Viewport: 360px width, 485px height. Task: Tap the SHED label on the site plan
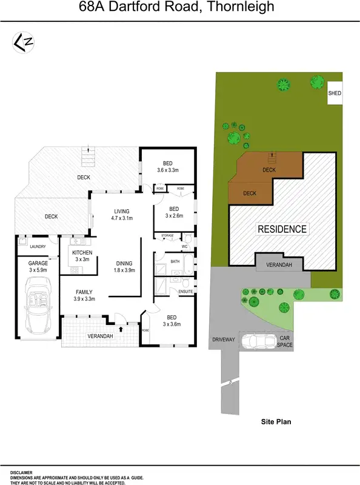[335, 94]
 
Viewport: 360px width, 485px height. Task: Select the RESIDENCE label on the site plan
[282, 229]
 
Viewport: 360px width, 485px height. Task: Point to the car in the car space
[259, 342]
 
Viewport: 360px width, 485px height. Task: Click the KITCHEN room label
[82, 252]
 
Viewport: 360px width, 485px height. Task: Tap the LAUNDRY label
[38, 247]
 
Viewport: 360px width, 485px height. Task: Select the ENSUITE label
[185, 292]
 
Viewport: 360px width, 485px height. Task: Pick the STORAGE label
[167, 235]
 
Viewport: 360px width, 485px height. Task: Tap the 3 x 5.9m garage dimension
[38, 271]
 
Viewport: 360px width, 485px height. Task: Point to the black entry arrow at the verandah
[121, 329]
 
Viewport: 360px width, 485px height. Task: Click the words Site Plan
[276, 420]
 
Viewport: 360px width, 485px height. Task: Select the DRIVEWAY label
[223, 339]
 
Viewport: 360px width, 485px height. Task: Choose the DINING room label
[124, 263]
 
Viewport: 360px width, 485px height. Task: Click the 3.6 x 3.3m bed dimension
[167, 171]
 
